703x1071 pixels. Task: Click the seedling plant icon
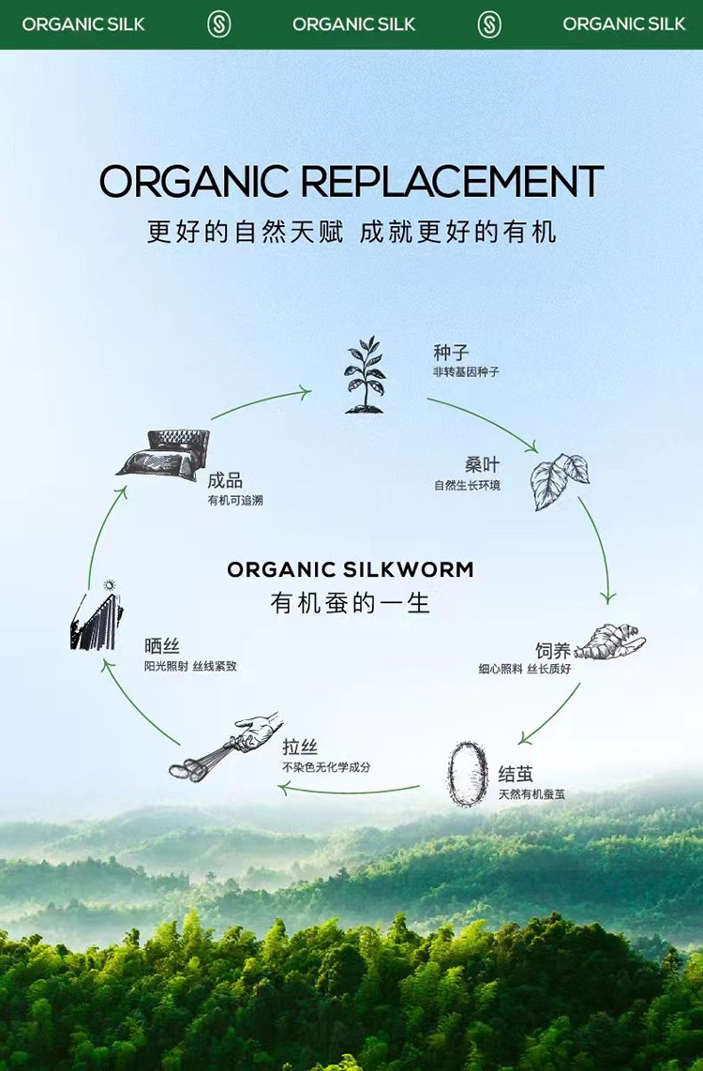(x=365, y=375)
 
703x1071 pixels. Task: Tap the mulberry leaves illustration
(x=560, y=481)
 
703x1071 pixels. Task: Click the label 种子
(x=450, y=354)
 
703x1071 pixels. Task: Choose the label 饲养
(x=552, y=651)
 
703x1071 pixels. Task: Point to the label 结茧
(x=516, y=775)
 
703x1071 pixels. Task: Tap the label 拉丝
(x=300, y=747)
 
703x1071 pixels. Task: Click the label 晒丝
(x=161, y=646)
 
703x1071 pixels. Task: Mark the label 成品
(x=225, y=480)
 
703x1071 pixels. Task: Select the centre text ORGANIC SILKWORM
(x=351, y=569)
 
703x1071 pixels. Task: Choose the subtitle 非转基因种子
(x=466, y=372)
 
